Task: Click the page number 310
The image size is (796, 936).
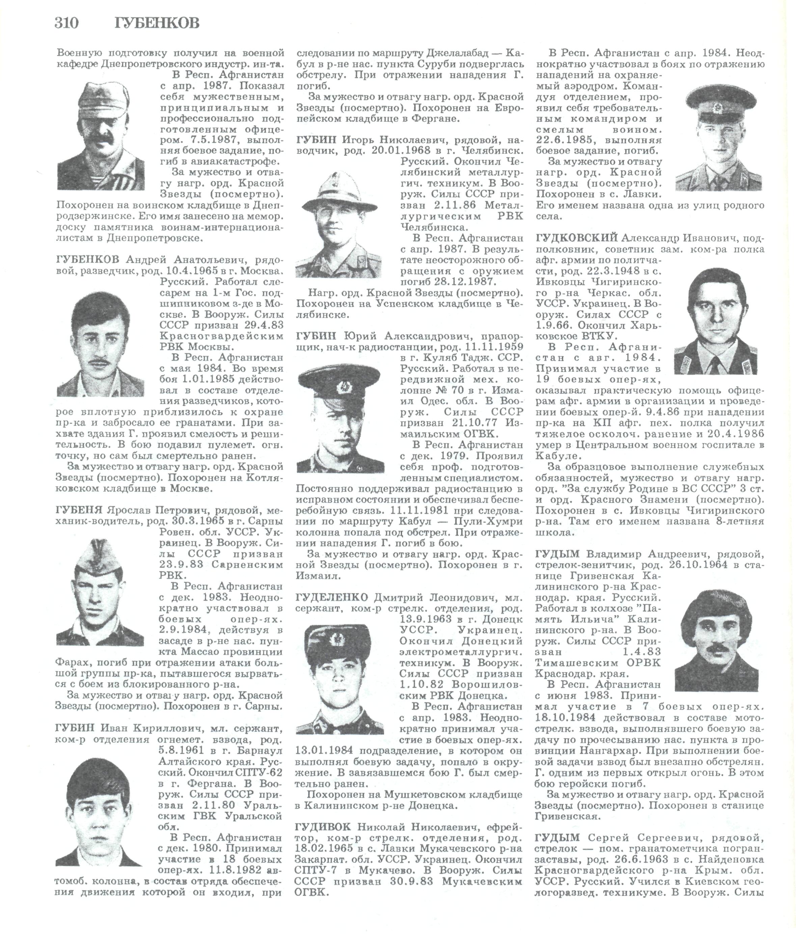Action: coord(66,23)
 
